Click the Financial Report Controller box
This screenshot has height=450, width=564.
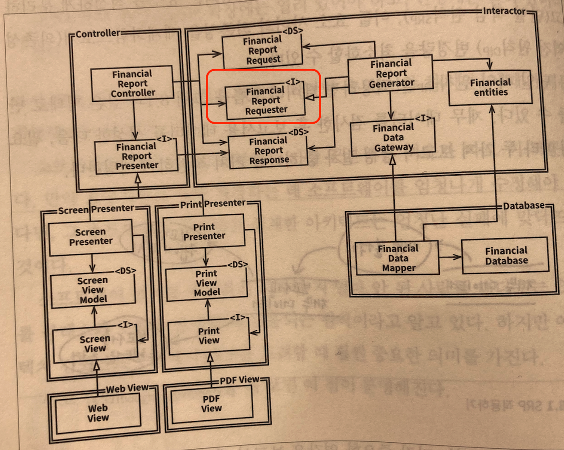click(x=132, y=83)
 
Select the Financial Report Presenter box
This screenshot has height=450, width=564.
click(x=136, y=157)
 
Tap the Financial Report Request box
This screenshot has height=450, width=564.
click(x=262, y=51)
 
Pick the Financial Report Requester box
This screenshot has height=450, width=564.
click(x=265, y=101)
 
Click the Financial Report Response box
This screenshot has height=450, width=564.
click(x=269, y=151)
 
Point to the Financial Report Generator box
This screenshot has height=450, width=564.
click(x=391, y=73)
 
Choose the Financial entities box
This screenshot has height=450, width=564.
click(x=490, y=88)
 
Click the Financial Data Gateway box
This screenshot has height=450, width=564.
click(x=393, y=138)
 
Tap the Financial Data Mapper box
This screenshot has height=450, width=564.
click(x=398, y=258)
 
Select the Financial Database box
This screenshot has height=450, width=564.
click(x=506, y=256)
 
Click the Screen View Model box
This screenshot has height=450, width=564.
click(x=93, y=290)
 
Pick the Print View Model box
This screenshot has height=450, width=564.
click(x=207, y=283)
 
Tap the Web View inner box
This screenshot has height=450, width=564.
click(x=98, y=413)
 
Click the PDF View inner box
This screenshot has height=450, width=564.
click(x=211, y=404)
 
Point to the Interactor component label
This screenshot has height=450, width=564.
click(x=504, y=11)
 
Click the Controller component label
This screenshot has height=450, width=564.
click(x=98, y=33)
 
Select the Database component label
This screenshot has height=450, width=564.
click(x=524, y=206)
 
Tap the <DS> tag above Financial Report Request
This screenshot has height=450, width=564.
click(x=293, y=31)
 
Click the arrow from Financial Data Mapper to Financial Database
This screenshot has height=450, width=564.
click(x=450, y=257)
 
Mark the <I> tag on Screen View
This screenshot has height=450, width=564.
click(x=126, y=325)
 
